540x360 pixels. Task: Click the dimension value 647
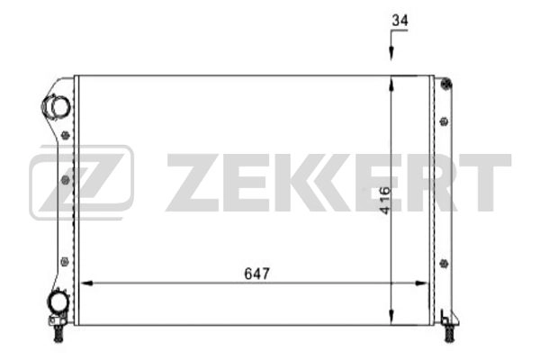point(256,272)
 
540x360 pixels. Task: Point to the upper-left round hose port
point(59,107)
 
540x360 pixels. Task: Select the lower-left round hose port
point(58,303)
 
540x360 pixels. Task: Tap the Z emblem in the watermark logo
point(81,183)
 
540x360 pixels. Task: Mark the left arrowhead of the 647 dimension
point(87,283)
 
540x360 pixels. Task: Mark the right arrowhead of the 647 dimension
point(422,283)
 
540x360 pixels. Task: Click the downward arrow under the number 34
point(391,55)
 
